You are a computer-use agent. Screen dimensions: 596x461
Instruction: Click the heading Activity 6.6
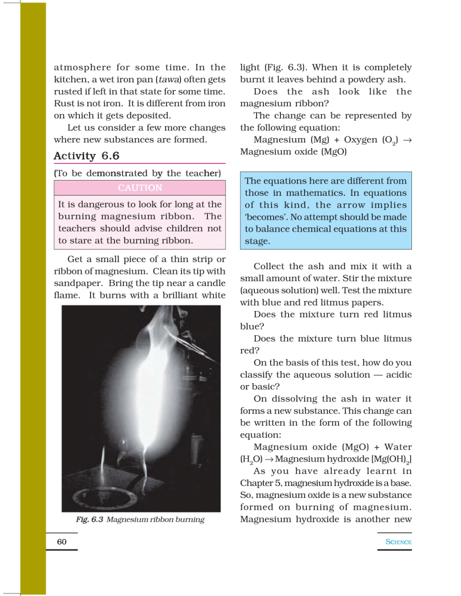pos(86,156)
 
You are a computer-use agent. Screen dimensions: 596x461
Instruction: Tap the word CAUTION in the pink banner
pos(140,188)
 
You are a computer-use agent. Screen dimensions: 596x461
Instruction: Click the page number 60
pos(62,542)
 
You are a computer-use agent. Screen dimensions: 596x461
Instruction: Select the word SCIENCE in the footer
pos(398,542)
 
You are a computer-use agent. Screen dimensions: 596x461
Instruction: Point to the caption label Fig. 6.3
pos(90,519)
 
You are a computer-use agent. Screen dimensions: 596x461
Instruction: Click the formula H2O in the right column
pos(251,459)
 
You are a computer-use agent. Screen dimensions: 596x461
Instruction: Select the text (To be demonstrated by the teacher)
pos(137,173)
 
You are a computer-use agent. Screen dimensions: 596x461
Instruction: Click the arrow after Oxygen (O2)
pos(407,140)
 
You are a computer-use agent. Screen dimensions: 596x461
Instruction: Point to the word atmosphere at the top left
pos(82,68)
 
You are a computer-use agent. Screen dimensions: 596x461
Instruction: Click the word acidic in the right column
pos(398,375)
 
